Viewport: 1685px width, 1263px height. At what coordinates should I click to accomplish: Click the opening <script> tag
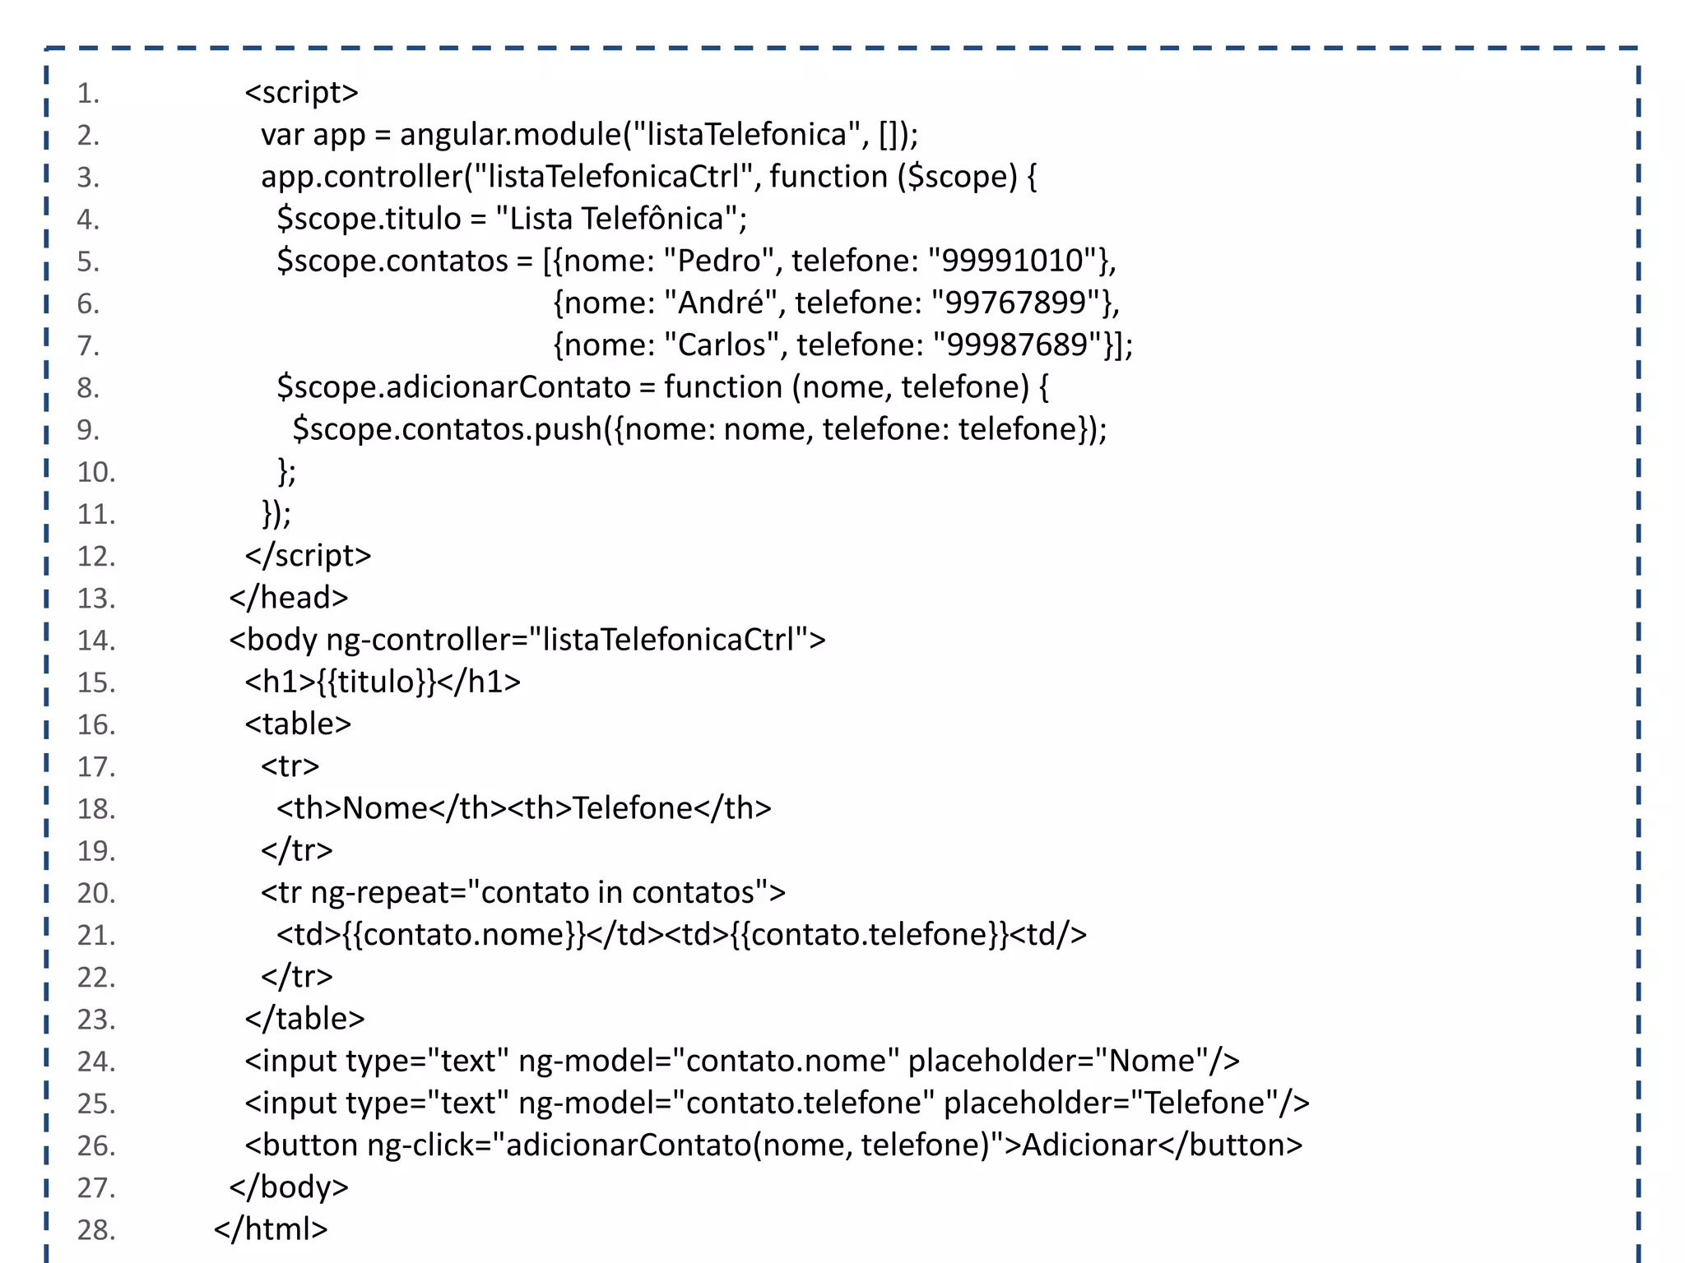pyautogui.click(x=301, y=92)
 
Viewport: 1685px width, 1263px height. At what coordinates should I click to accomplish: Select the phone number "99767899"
pyautogui.click(x=1016, y=303)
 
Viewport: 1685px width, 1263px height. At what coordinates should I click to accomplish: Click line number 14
pyautogui.click(x=95, y=640)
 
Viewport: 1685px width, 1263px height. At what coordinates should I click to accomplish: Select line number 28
pyautogui.click(x=95, y=1229)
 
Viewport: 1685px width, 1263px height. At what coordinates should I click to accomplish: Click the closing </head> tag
pyautogui.click(x=289, y=598)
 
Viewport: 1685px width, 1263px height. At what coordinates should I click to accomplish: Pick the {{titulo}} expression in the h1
pyautogui.click(x=376, y=682)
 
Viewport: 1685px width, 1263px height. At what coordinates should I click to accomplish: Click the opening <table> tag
pyautogui.click(x=298, y=724)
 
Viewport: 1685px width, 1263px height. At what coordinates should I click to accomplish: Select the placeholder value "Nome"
pyautogui.click(x=1152, y=1061)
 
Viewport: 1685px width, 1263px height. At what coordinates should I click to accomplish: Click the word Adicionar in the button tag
pyautogui.click(x=1089, y=1145)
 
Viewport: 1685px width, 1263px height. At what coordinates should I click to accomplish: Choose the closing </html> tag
pyautogui.click(x=271, y=1229)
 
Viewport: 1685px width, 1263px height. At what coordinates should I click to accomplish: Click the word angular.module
pyautogui.click(x=511, y=134)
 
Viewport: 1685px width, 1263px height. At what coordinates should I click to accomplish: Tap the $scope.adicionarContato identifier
pyautogui.click(x=453, y=386)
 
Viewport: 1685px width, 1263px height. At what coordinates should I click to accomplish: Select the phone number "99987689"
pyautogui.click(x=1018, y=345)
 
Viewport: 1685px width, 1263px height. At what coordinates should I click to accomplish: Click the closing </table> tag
pyautogui.click(x=304, y=1019)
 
